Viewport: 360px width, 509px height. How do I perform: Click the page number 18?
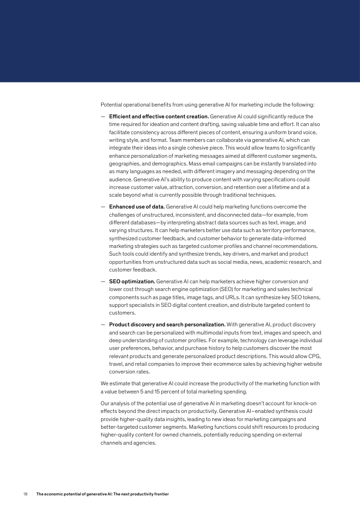click(25, 494)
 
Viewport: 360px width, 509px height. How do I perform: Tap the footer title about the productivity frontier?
click(102, 494)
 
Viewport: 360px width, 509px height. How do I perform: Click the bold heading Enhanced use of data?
click(137, 207)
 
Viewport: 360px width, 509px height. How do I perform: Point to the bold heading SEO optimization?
click(131, 281)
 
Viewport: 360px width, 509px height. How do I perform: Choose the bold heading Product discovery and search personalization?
click(167, 325)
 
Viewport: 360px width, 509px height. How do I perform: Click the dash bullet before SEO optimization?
click(103, 281)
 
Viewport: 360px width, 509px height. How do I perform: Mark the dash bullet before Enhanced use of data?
click(103, 207)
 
